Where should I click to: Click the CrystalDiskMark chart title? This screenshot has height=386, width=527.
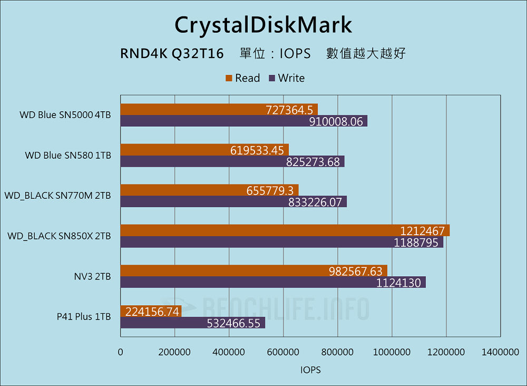coord(263,24)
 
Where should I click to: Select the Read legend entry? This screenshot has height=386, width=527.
coord(243,78)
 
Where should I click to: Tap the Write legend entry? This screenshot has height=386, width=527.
coord(287,78)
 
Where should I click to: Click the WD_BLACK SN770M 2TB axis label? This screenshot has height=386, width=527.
coord(58,196)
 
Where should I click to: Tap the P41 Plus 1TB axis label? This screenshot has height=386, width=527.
coord(84,317)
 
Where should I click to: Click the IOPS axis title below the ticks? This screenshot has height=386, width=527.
coord(310,370)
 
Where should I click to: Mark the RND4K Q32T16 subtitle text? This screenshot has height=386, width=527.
coord(172,54)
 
